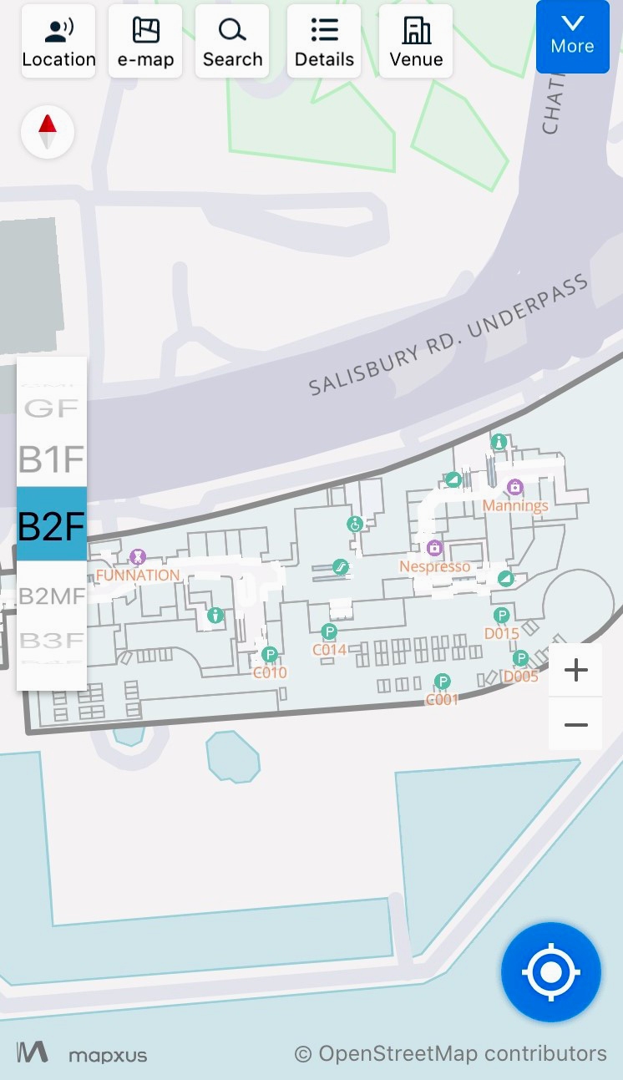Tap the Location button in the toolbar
click(x=58, y=41)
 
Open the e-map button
click(x=145, y=41)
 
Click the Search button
click(x=232, y=41)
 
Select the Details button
click(x=324, y=41)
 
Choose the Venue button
click(x=416, y=41)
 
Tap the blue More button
click(x=572, y=37)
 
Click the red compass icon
click(x=48, y=132)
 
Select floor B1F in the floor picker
click(x=52, y=459)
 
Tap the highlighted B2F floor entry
click(x=52, y=525)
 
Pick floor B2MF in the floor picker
click(x=52, y=596)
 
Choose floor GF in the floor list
click(x=52, y=408)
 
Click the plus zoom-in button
click(x=576, y=670)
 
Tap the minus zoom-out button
click(x=576, y=724)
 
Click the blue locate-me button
click(x=551, y=972)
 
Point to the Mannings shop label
click(x=515, y=505)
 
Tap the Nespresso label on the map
click(x=434, y=566)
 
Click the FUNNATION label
click(x=138, y=575)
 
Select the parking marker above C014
click(x=329, y=631)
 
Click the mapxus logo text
click(x=107, y=1055)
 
